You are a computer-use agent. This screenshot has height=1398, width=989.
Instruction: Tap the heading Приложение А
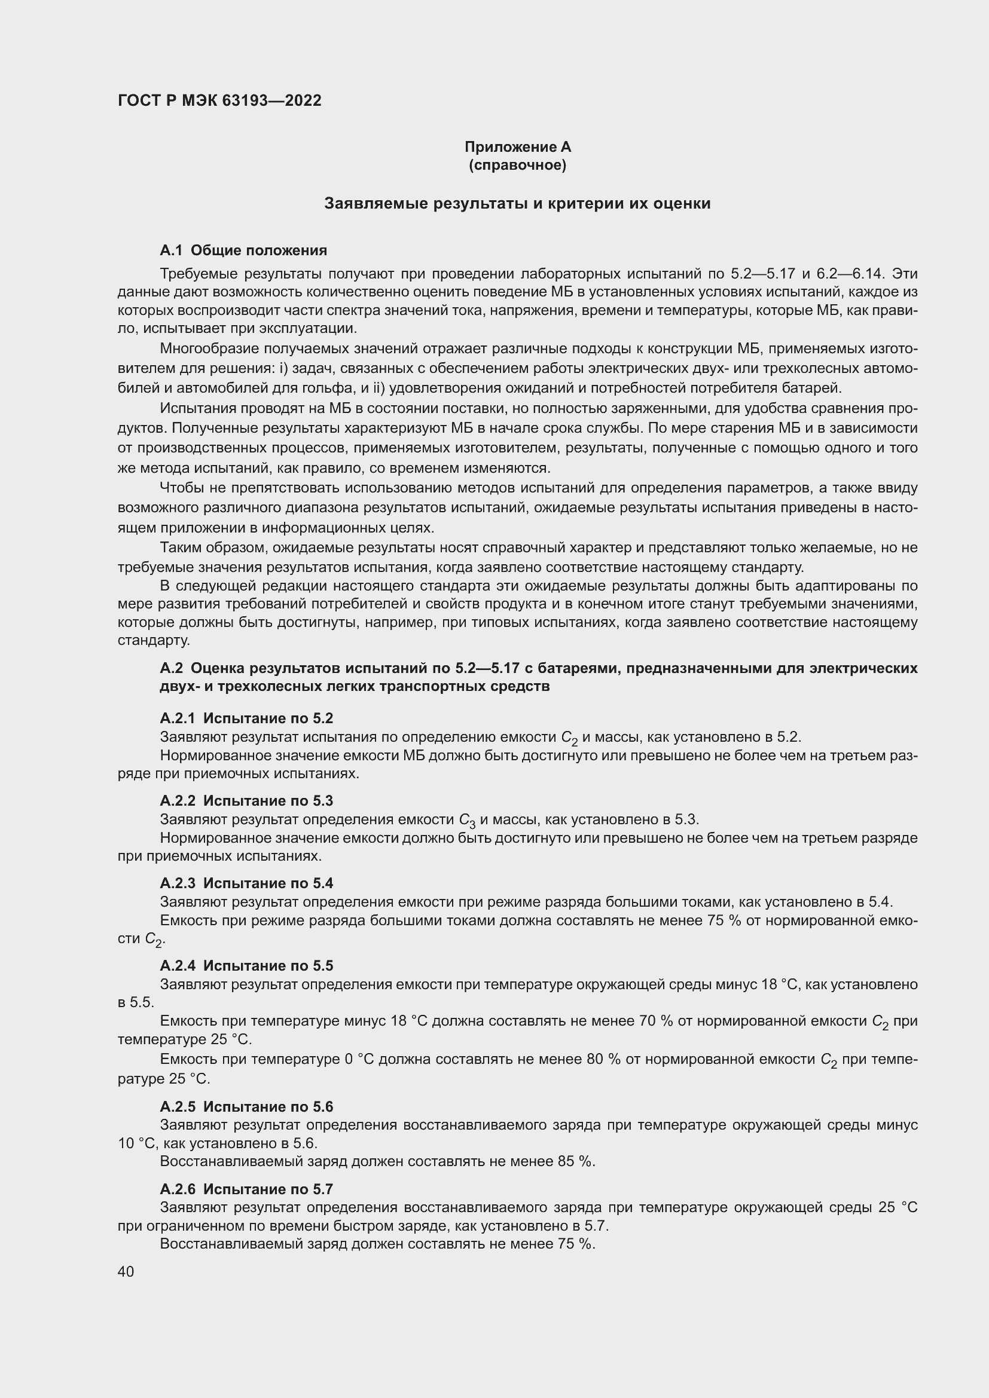pyautogui.click(x=517, y=147)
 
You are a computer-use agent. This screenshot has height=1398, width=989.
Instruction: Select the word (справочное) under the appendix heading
pyautogui.click(x=517, y=166)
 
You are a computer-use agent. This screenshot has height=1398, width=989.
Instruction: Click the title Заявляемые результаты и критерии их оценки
pyautogui.click(x=517, y=203)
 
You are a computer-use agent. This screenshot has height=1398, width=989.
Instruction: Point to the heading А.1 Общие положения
pyautogui.click(x=243, y=250)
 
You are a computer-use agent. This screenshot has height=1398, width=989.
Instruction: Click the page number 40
pyautogui.click(x=126, y=1271)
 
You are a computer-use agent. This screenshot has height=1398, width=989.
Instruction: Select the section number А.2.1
pyautogui.click(x=178, y=718)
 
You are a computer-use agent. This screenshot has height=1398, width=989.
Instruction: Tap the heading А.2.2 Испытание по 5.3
pyautogui.click(x=246, y=801)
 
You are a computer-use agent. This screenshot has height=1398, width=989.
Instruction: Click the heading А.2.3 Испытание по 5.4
pyautogui.click(x=246, y=883)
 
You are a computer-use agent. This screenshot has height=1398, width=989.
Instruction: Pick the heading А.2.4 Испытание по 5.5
pyautogui.click(x=246, y=966)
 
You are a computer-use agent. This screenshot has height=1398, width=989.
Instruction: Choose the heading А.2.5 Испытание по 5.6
pyautogui.click(x=246, y=1106)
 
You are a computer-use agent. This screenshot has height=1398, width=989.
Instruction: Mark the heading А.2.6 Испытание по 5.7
pyautogui.click(x=246, y=1189)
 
